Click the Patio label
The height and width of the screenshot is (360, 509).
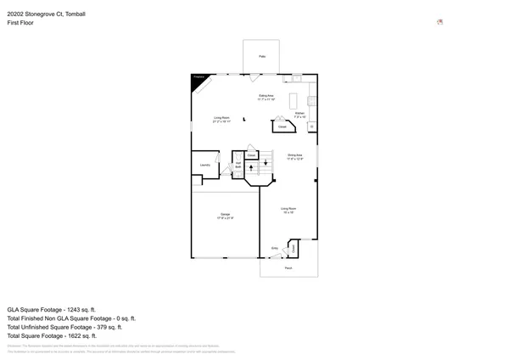pyautogui.click(x=262, y=55)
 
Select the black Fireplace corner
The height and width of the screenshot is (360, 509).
pyautogui.click(x=197, y=79)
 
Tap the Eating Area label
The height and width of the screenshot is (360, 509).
pyautogui.click(x=266, y=97)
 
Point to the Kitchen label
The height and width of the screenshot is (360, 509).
pyautogui.click(x=299, y=114)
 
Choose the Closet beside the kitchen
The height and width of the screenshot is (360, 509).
pyautogui.click(x=282, y=127)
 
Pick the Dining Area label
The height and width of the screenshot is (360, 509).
pyautogui.click(x=294, y=155)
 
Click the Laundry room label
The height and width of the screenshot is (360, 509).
pyautogui.click(x=204, y=164)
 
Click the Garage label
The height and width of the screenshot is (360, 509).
pyautogui.click(x=226, y=217)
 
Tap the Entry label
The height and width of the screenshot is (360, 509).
pyautogui.click(x=274, y=248)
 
